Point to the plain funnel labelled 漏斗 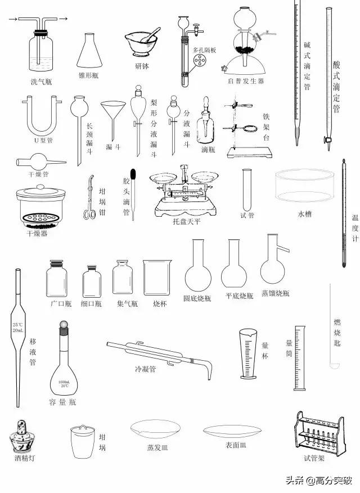click(112, 116)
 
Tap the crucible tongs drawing click(89, 197)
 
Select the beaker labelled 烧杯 click(156, 278)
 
